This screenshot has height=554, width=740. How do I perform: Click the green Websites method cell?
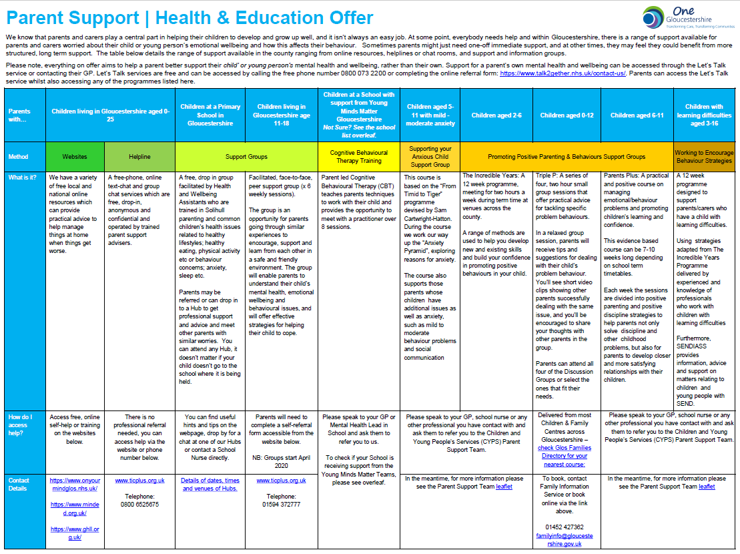point(75,157)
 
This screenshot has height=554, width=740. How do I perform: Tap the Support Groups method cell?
point(247,157)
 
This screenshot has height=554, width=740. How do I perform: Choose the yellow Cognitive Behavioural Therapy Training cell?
point(359,157)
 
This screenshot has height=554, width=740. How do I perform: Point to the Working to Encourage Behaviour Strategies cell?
point(704,157)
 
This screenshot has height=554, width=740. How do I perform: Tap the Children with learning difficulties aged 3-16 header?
point(704,115)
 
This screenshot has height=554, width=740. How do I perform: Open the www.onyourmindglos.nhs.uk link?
point(75,484)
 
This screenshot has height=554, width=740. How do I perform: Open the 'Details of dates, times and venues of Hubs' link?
point(211,484)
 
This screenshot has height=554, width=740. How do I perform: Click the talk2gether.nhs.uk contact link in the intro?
point(562,73)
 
